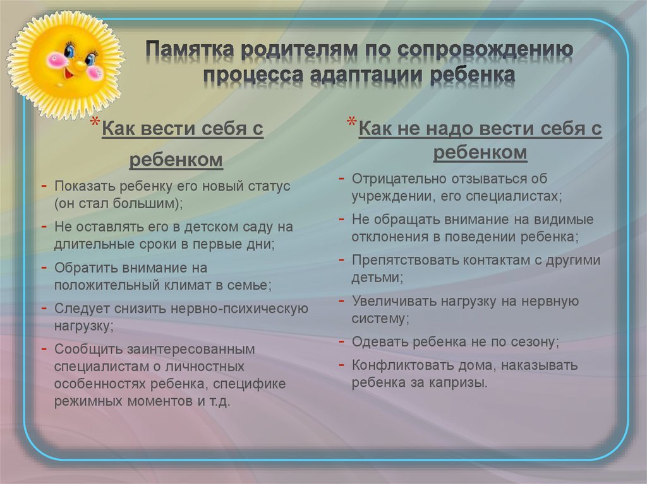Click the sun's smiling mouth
tap(70, 74)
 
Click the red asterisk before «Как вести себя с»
tap(95, 123)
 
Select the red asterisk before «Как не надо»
tap(352, 122)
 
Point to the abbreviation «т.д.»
tap(219, 401)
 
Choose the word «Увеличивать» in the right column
tap(394, 302)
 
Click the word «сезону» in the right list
tap(535, 342)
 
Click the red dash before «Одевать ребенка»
tap(341, 342)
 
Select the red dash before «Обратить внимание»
tap(44, 268)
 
